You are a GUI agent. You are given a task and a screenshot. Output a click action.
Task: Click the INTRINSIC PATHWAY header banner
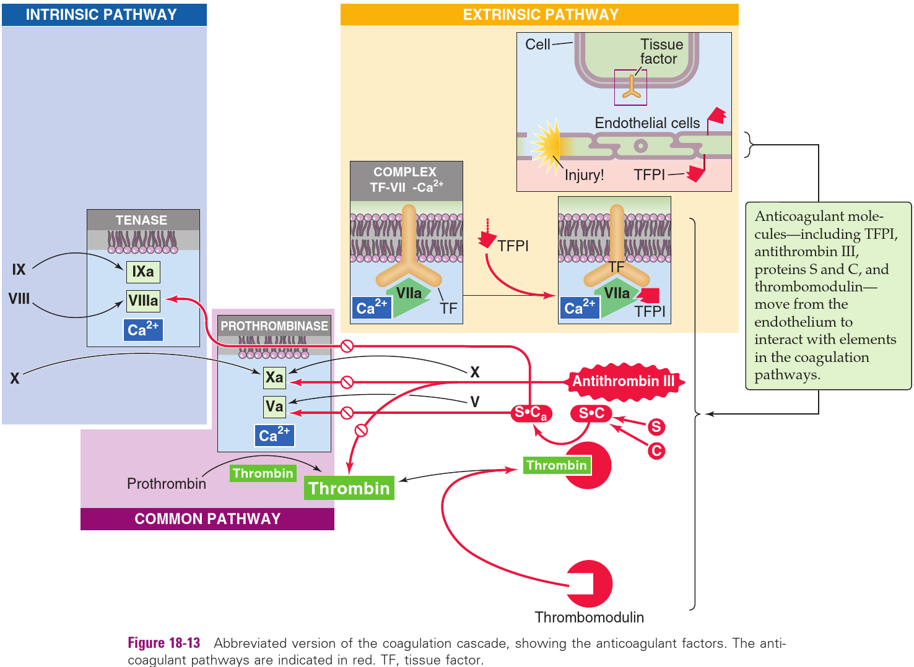[102, 15]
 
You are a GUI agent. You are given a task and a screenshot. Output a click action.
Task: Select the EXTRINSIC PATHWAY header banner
[540, 15]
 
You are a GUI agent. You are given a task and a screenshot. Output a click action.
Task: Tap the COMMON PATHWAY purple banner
[207, 519]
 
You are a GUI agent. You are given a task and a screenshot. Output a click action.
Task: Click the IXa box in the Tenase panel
[143, 272]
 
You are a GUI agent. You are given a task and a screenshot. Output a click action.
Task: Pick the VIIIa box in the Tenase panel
[143, 301]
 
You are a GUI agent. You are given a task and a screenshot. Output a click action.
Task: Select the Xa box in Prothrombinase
[274, 377]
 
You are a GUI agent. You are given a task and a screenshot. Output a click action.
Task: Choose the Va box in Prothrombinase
[274, 407]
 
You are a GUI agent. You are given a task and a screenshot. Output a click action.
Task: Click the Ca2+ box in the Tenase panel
[143, 330]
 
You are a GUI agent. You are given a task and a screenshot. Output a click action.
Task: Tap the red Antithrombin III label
[624, 381]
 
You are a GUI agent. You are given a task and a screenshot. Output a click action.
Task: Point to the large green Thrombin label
[349, 488]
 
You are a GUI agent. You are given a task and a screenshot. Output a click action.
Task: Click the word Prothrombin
[167, 484]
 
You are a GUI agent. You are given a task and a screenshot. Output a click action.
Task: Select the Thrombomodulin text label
[589, 618]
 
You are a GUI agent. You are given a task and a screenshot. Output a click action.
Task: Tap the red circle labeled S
[656, 426]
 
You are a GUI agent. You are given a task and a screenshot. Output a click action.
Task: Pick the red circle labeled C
[656, 450]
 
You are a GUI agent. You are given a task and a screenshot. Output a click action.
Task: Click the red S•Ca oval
[531, 413]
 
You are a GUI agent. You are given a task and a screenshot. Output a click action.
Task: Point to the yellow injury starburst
[546, 145]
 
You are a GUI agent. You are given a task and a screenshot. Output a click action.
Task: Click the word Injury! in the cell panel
[584, 175]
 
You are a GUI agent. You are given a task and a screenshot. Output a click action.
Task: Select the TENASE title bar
[142, 220]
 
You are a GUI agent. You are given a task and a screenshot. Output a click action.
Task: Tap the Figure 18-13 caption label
[164, 643]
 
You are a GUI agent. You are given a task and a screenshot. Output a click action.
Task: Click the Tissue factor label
[661, 52]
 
